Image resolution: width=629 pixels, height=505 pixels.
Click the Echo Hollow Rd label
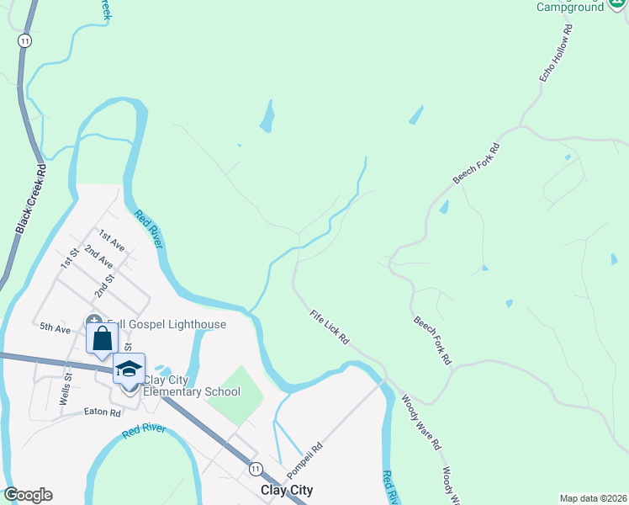tap(555, 53)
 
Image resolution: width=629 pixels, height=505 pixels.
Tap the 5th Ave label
tap(55, 327)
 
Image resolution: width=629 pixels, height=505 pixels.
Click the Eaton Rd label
tap(103, 412)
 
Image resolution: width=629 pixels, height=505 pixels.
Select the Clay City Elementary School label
tap(192, 385)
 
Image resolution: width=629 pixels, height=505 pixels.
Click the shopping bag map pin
tap(103, 339)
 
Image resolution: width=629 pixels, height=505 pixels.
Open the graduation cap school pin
tap(129, 369)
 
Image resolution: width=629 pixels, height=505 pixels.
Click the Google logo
tap(29, 495)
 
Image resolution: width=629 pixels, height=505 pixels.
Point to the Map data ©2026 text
tap(593, 498)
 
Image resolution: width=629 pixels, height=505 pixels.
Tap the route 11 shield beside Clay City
tap(256, 468)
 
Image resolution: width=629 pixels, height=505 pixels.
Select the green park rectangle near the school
tap(235, 395)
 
